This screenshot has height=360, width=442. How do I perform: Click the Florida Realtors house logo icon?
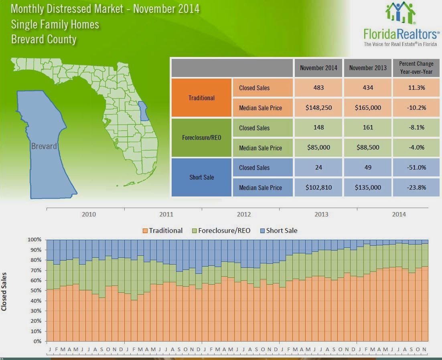tap(400, 13)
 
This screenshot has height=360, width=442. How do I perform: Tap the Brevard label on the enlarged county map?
tap(44, 146)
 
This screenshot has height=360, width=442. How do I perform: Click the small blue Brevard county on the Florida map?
tap(143, 111)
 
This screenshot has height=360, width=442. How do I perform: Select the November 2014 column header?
tap(318, 68)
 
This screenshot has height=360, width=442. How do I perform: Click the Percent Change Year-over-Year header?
tap(416, 68)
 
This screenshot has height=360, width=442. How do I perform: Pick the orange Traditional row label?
tap(202, 98)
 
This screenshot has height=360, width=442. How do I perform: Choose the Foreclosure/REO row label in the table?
tap(202, 138)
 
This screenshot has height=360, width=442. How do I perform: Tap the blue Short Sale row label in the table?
tap(202, 177)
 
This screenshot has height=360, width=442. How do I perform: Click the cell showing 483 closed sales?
tap(318, 88)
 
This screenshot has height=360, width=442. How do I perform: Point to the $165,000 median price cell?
tap(368, 107)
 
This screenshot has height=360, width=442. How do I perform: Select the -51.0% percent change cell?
tap(416, 167)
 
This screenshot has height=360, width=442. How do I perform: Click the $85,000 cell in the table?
tap(318, 147)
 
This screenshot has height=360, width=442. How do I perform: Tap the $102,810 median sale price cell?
tap(318, 187)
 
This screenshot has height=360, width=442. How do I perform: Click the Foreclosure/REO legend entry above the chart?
tap(221, 231)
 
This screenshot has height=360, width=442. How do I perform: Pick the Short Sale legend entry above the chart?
tap(278, 231)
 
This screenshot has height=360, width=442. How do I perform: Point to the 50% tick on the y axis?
tap(36, 290)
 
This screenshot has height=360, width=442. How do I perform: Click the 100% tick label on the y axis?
tap(34, 239)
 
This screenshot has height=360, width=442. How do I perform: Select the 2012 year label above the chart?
tap(244, 214)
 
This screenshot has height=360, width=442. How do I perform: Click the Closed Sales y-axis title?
tap(4, 291)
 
